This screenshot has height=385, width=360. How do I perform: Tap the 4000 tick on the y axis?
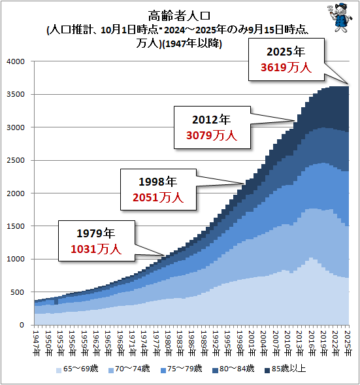(x=16, y=61)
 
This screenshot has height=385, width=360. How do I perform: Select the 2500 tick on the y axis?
(x=16, y=160)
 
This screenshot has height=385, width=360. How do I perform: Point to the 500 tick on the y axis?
(x=19, y=292)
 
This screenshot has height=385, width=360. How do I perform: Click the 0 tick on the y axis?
(x=23, y=325)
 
